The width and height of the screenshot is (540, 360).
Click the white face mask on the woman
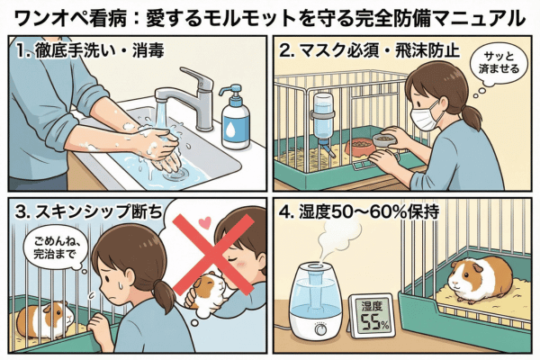425,116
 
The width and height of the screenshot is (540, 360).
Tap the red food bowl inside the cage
360,147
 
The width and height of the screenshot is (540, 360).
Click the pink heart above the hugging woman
205,222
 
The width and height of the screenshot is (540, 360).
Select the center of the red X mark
213,255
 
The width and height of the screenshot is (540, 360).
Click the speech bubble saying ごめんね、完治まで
55,247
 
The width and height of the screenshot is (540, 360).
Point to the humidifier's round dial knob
321,329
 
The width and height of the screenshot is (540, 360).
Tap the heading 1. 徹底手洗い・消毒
90,51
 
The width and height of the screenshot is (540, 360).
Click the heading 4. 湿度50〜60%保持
359,211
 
